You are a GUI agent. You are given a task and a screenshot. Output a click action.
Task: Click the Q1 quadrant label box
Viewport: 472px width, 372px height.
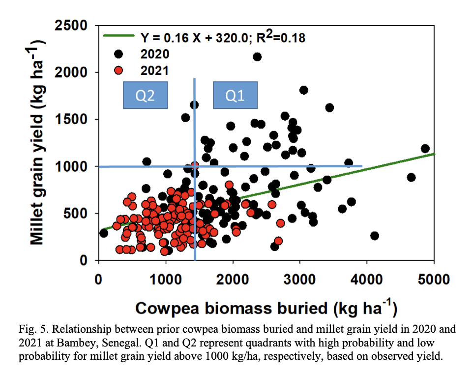pos(235,95)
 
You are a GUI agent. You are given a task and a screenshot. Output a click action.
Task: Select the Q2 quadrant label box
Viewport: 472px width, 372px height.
pos(145,95)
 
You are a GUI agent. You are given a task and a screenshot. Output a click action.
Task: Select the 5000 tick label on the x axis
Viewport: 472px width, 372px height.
pos(433,280)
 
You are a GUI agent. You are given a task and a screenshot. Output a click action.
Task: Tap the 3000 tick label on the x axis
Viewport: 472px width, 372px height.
pos(299,280)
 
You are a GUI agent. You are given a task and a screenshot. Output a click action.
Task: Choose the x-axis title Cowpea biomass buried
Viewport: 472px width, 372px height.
pos(265,308)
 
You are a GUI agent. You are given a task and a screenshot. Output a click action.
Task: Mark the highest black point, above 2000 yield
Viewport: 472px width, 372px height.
pos(257,57)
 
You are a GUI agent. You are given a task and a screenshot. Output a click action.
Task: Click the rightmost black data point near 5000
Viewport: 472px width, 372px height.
pos(425,149)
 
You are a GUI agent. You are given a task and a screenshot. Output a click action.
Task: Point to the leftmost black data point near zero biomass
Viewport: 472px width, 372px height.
pos(103,233)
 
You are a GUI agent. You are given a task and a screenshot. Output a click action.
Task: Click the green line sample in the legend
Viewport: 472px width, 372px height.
pos(118,36)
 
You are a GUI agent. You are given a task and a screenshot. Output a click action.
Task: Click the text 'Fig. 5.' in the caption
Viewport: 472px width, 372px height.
pos(32,330)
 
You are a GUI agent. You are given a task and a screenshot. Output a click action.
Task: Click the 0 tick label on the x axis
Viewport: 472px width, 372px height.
pos(99,280)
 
